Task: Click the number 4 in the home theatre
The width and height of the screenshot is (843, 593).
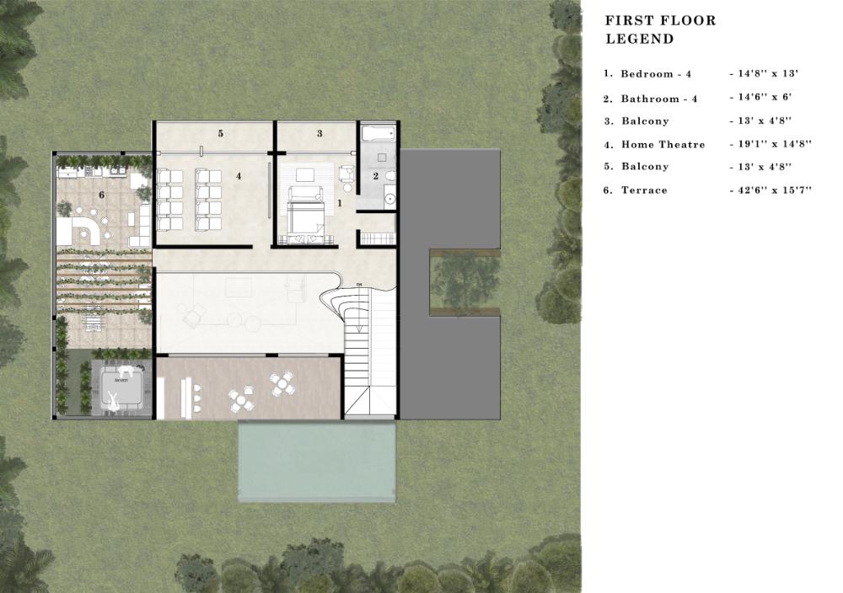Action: [239, 176]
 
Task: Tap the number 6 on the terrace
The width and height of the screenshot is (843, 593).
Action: [102, 195]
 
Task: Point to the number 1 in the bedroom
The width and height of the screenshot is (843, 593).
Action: [339, 203]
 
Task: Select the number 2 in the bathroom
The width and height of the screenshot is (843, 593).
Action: [376, 176]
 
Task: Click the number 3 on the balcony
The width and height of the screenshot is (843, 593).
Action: [319, 133]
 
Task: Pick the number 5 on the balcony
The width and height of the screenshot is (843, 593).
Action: [220, 133]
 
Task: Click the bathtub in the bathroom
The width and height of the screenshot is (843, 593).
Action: [379, 133]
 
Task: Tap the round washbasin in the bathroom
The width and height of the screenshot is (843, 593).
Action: [389, 200]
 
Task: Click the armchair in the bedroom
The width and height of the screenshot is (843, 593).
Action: [346, 173]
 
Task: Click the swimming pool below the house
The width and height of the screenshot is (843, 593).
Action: [317, 461]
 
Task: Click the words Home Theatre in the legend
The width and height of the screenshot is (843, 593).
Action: [663, 145]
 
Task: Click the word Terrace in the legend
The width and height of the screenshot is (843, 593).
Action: [644, 190]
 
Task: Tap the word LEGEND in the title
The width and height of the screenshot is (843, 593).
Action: [640, 39]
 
